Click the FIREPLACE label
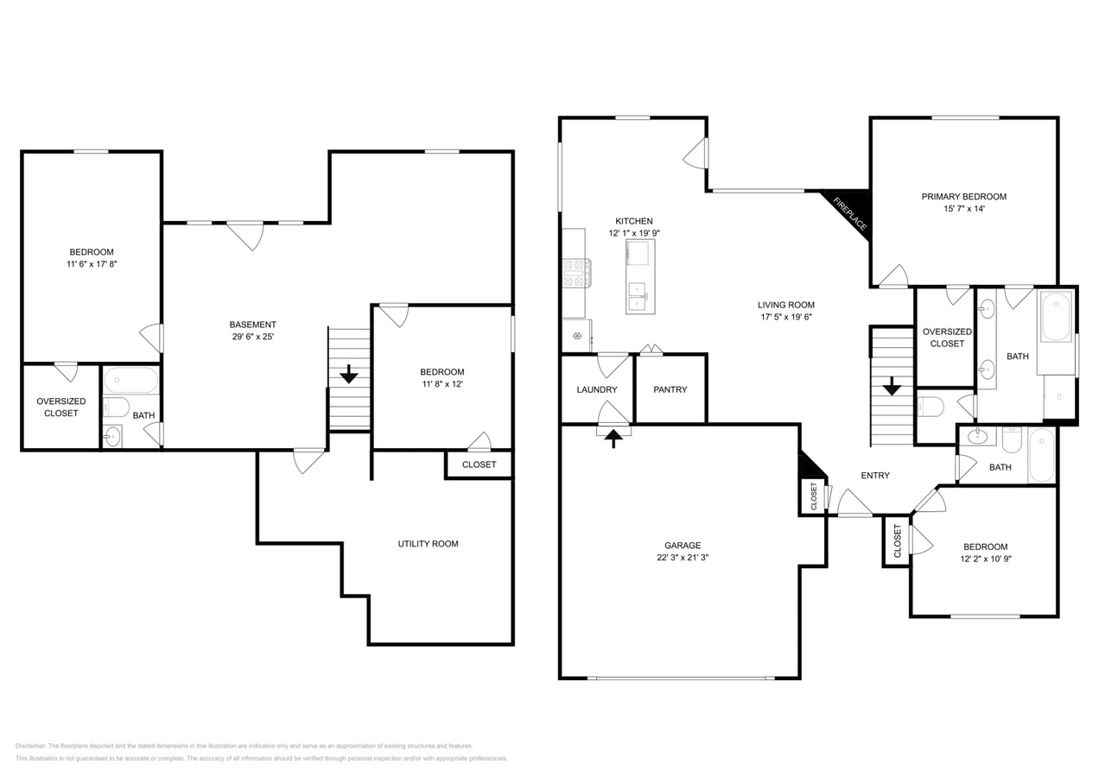[850, 214]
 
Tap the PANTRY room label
[670, 389]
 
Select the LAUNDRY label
[597, 389]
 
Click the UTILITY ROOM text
[428, 544]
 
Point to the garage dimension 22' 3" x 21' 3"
[683, 558]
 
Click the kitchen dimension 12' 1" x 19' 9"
[634, 233]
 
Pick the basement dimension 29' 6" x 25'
[252, 337]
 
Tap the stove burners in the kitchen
[576, 273]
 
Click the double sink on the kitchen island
[638, 296]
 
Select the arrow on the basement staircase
[349, 374]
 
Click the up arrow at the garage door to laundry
[613, 439]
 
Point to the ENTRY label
[875, 476]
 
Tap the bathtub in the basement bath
[130, 380]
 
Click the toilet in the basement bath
[116, 407]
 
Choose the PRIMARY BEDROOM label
[963, 197]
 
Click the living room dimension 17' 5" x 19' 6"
[786, 317]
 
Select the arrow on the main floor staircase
[892, 386]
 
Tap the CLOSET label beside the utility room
[479, 464]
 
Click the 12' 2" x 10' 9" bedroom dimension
[986, 559]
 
